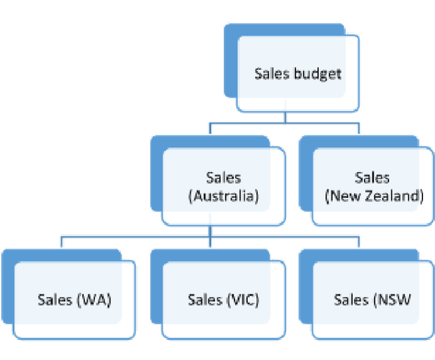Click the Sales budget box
(x=298, y=73)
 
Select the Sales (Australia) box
(x=223, y=187)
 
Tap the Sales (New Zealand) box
(x=373, y=187)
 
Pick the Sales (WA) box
(x=74, y=300)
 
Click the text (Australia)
(x=223, y=197)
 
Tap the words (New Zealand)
(x=373, y=197)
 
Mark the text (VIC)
(x=242, y=300)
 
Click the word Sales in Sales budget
(x=272, y=73)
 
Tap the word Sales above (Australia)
(x=223, y=178)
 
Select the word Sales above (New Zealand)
(x=373, y=178)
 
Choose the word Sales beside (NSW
(x=351, y=300)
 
